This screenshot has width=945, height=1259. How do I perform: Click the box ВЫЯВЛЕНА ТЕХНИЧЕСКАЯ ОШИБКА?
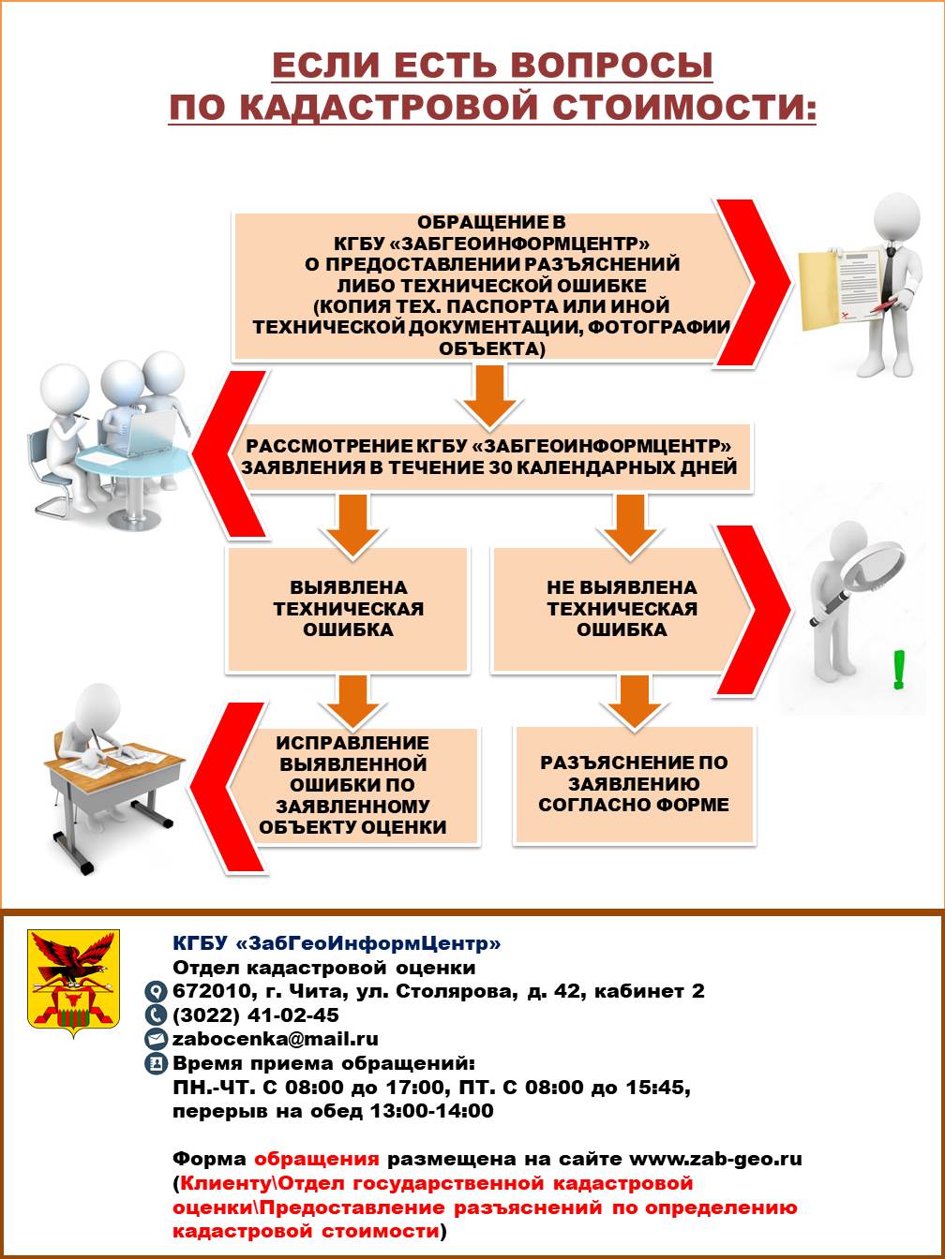coord(348,609)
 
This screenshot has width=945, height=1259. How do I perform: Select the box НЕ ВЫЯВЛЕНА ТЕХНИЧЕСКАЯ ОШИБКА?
coord(622,609)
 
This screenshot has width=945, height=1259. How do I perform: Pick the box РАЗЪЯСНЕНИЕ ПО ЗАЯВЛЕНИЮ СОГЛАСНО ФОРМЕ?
coord(634,784)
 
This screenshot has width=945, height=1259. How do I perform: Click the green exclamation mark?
coord(899,670)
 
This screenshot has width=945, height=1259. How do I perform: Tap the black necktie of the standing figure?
coord(889,270)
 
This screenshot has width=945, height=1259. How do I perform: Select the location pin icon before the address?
coord(155,991)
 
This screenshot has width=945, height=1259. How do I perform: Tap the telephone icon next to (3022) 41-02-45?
coord(155,1015)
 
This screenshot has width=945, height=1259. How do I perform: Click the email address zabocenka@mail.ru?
coord(276,1039)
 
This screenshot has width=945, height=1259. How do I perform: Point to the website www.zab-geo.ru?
coord(715,1159)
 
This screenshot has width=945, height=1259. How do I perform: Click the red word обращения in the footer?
coord(317,1159)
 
